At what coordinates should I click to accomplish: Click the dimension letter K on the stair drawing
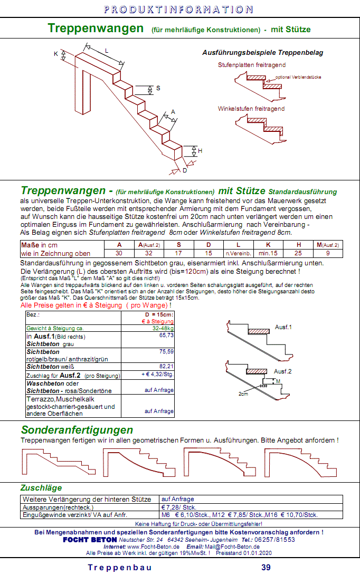tap(56, 54)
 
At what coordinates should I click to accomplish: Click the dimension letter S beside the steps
tap(158, 88)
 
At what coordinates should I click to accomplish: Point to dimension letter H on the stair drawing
tap(200, 151)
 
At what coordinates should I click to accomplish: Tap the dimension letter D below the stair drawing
tap(184, 170)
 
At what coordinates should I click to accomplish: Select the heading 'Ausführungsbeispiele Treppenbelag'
tap(262, 53)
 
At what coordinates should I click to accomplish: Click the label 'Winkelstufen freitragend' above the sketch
tap(251, 109)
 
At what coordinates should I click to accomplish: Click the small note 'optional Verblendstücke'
tap(298, 77)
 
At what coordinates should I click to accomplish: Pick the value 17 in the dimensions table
tap(178, 253)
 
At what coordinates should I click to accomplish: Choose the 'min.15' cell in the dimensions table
tap(268, 253)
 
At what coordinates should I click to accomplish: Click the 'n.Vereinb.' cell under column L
tap(238, 254)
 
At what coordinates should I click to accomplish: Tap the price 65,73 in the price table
tap(166, 335)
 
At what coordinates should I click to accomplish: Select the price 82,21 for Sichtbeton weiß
tap(166, 366)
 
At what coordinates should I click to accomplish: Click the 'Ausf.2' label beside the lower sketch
tap(282, 371)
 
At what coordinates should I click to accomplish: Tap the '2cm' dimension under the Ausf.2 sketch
tap(243, 394)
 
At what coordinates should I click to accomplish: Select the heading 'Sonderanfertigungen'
tap(77, 429)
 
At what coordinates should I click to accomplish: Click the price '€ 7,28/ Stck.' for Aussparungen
tap(179, 507)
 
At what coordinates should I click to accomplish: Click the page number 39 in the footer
tap(267, 568)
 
